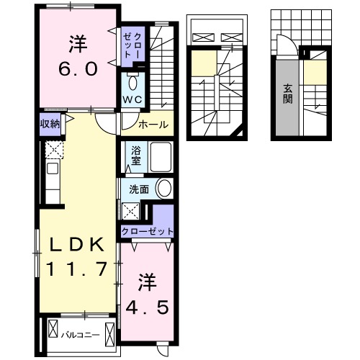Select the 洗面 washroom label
139,189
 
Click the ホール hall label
153,125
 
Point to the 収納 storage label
50,122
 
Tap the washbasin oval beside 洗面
164,189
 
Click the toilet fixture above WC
133,81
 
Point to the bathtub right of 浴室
160,156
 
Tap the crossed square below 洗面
131,211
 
